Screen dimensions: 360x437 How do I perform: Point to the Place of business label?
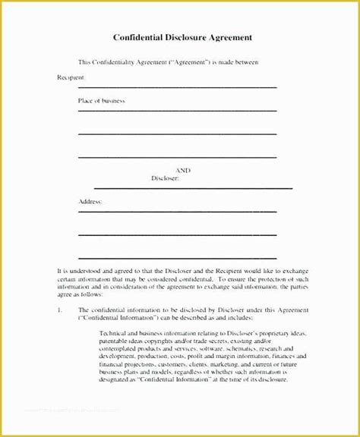point(101,101)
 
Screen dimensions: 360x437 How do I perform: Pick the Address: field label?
point(90,202)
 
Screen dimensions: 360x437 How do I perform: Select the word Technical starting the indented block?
point(118,335)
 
